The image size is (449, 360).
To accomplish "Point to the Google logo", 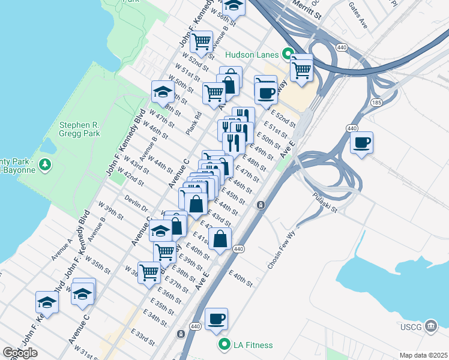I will (x=20, y=353).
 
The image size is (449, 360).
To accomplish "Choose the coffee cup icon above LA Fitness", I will (x=216, y=319).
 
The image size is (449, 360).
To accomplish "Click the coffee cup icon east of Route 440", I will (x=361, y=143).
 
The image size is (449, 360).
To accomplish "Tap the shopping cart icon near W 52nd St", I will (x=201, y=42).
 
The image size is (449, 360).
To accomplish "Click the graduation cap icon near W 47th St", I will (x=162, y=92).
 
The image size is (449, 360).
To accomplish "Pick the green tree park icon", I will (x=44, y=164).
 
